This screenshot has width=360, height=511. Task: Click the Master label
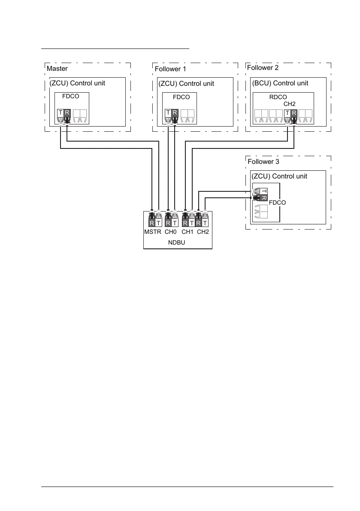click(57, 69)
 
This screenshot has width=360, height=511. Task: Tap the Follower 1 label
click(170, 69)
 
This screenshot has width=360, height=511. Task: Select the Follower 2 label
click(263, 68)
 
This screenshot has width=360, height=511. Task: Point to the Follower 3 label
click(263, 162)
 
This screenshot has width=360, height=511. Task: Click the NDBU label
click(177, 242)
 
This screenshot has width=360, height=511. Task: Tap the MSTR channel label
click(153, 232)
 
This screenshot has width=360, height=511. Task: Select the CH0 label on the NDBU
click(171, 232)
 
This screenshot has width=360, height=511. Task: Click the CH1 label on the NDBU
click(188, 232)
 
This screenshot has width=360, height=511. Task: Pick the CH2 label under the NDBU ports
click(203, 232)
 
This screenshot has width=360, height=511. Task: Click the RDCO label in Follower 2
click(278, 97)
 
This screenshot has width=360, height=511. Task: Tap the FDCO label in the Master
click(70, 97)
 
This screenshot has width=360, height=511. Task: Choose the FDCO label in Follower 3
click(277, 203)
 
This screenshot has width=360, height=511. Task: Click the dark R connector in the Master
click(67, 114)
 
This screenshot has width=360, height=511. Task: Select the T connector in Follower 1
click(168, 114)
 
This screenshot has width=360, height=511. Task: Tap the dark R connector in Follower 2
click(294, 114)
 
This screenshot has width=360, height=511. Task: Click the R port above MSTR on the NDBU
click(152, 223)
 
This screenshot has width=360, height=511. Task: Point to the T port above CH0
click(175, 223)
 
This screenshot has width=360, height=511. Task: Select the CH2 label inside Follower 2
click(290, 104)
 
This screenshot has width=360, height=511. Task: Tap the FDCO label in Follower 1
click(181, 97)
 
